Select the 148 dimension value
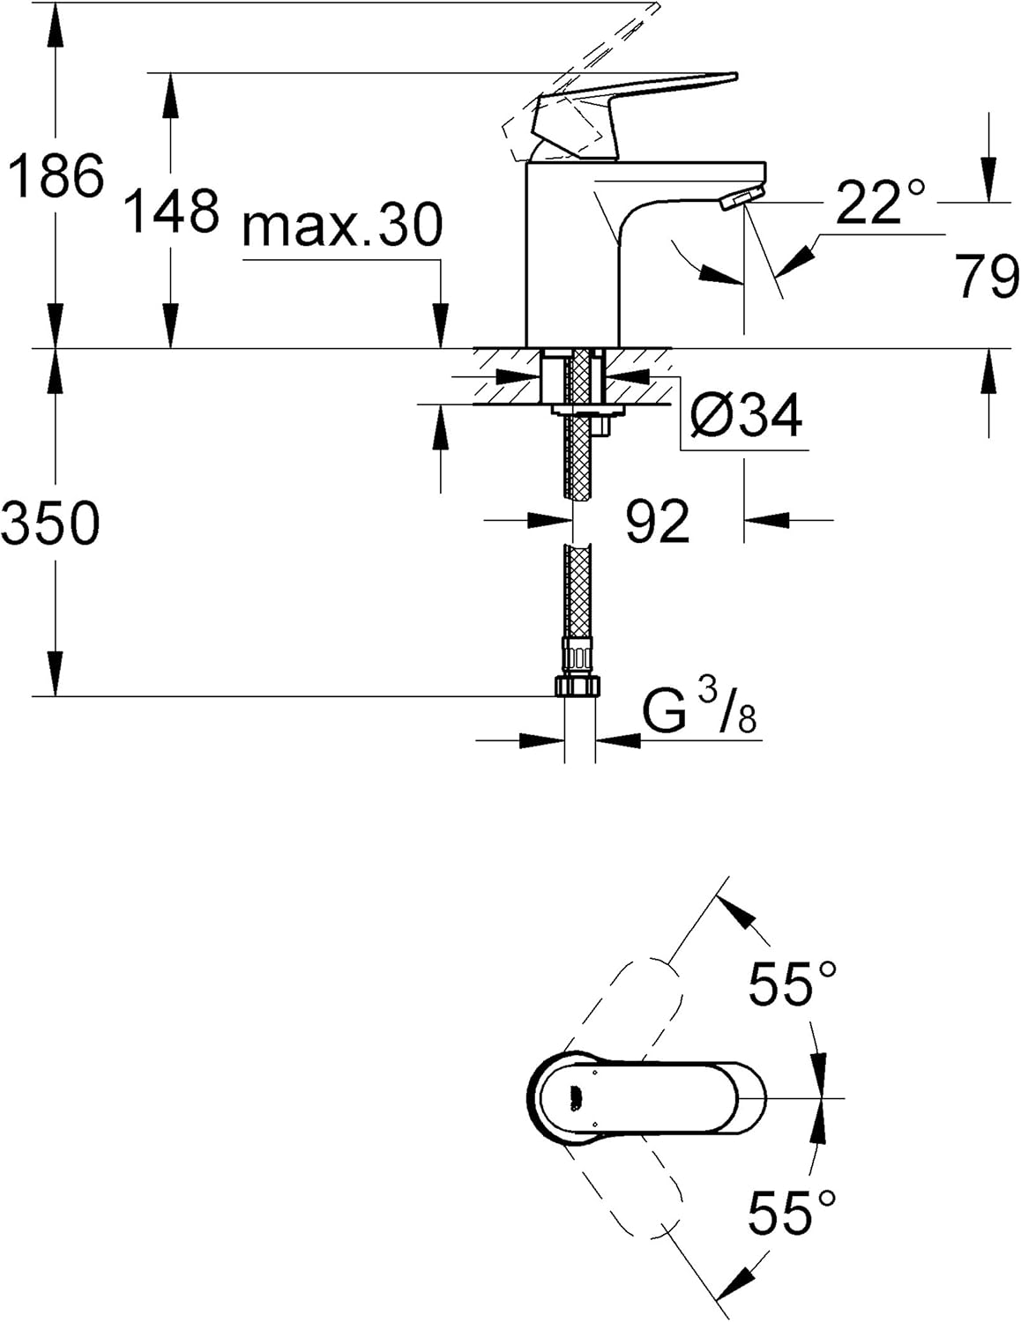pos(171,212)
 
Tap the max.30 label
pos(342,226)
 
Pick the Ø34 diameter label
pos(746,415)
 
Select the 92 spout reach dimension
pos(657,521)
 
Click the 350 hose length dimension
pos(51,523)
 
